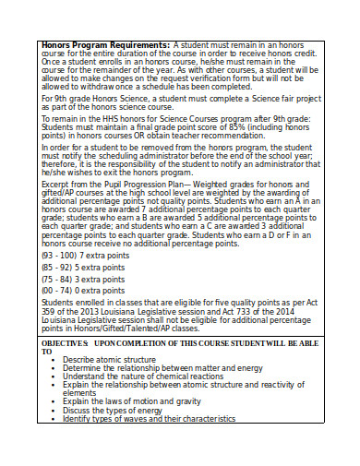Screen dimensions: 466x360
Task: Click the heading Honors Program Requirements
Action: [x=100, y=43]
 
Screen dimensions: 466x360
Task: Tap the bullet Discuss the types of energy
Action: [x=113, y=410]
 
